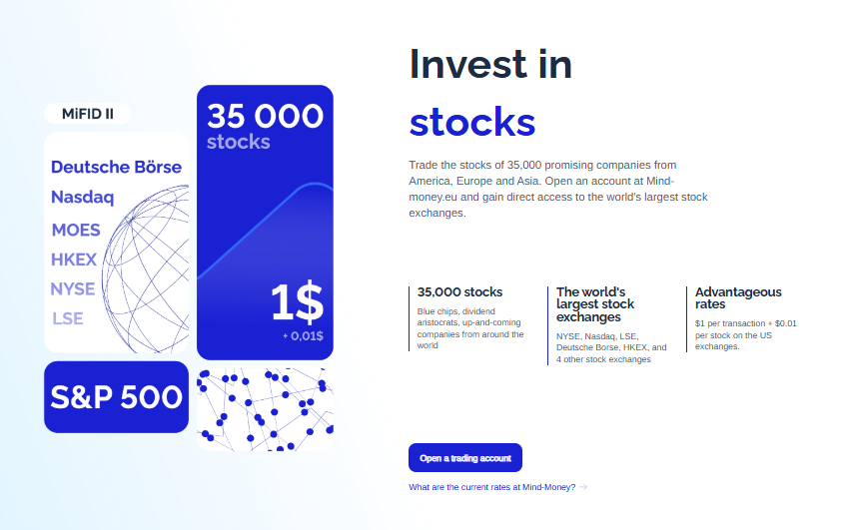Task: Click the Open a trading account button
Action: [x=465, y=458]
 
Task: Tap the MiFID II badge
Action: [x=88, y=114]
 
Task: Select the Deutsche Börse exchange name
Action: [x=116, y=167]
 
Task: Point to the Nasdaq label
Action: [x=83, y=197]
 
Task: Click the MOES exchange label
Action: [x=76, y=230]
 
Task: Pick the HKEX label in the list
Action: [x=74, y=260]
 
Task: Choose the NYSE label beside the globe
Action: [x=73, y=288]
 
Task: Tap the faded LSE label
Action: [x=68, y=318]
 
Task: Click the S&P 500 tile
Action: [x=116, y=397]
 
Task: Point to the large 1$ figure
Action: [x=298, y=301]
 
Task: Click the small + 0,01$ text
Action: [x=303, y=336]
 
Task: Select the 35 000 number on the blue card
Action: [x=265, y=116]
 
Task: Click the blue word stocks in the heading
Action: [x=472, y=122]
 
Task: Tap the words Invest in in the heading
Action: [x=490, y=64]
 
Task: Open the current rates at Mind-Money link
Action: [x=491, y=487]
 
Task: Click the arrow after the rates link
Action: [x=583, y=487]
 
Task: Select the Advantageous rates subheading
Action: [x=738, y=298]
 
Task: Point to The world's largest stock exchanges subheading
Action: [x=595, y=304]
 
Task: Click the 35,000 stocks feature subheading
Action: [x=459, y=292]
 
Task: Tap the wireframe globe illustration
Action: [x=146, y=269]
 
